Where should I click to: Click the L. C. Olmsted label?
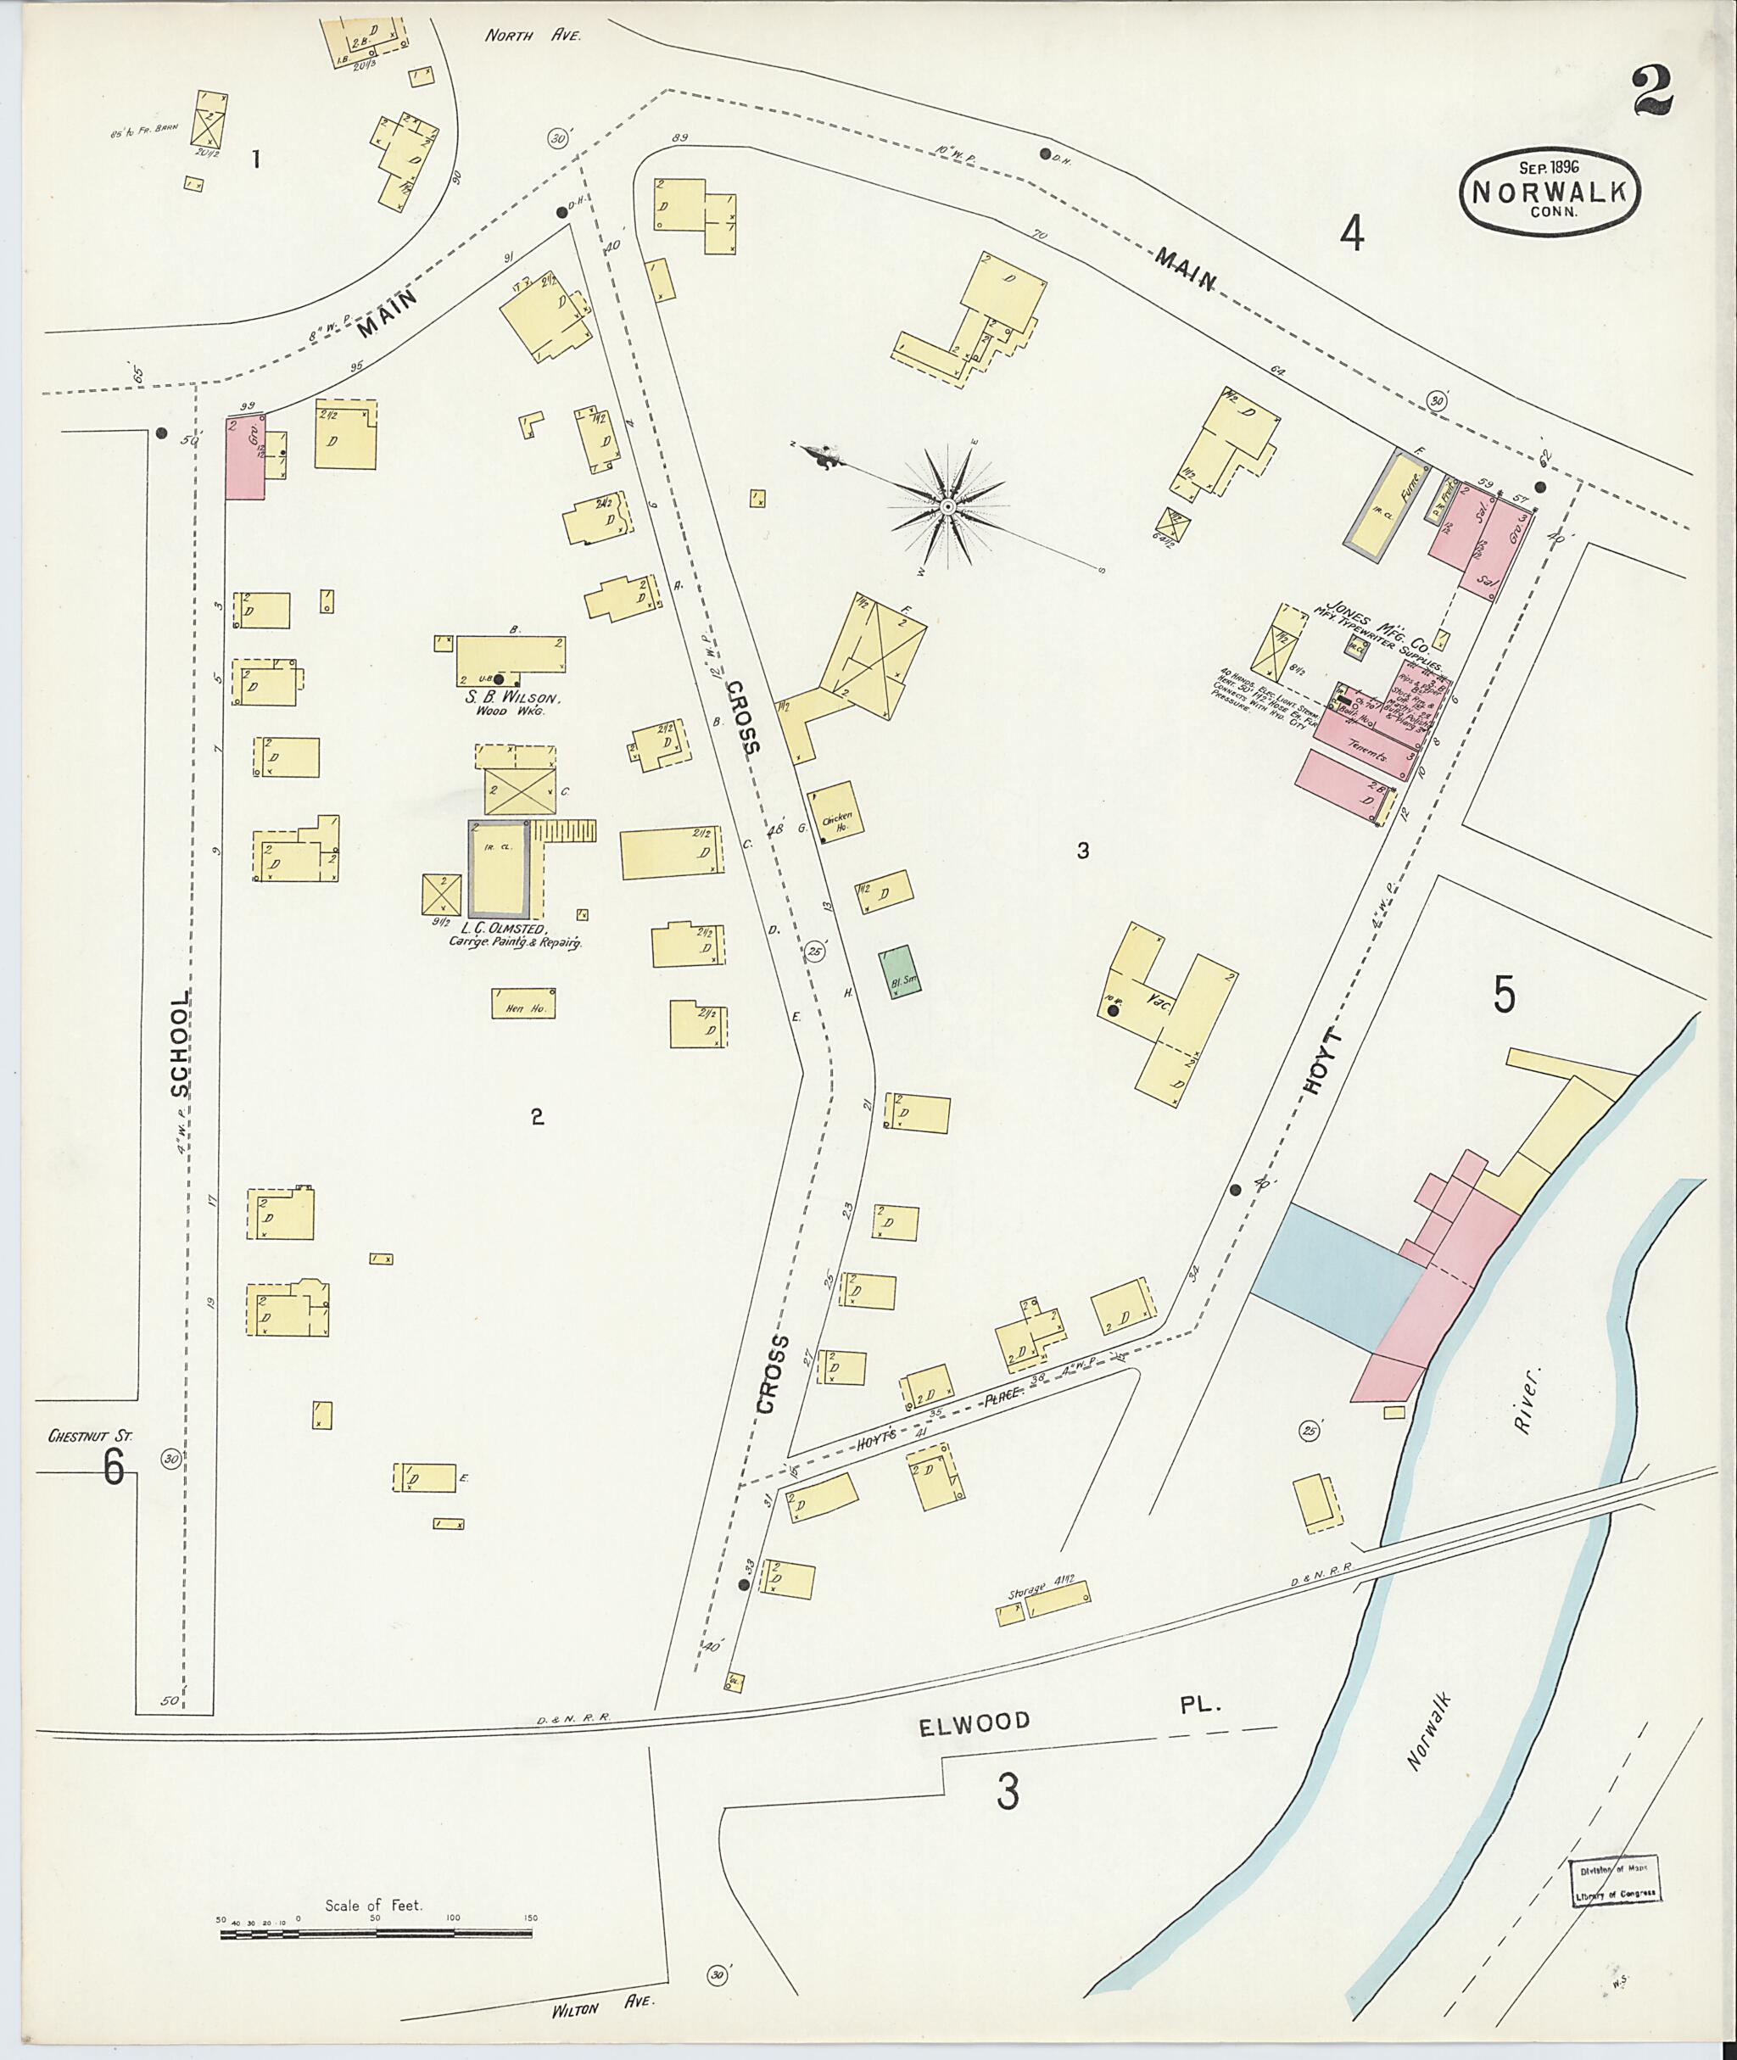(497, 929)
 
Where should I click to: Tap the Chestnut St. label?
(90, 1437)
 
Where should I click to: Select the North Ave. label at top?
(533, 36)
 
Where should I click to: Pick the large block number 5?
(1505, 995)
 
